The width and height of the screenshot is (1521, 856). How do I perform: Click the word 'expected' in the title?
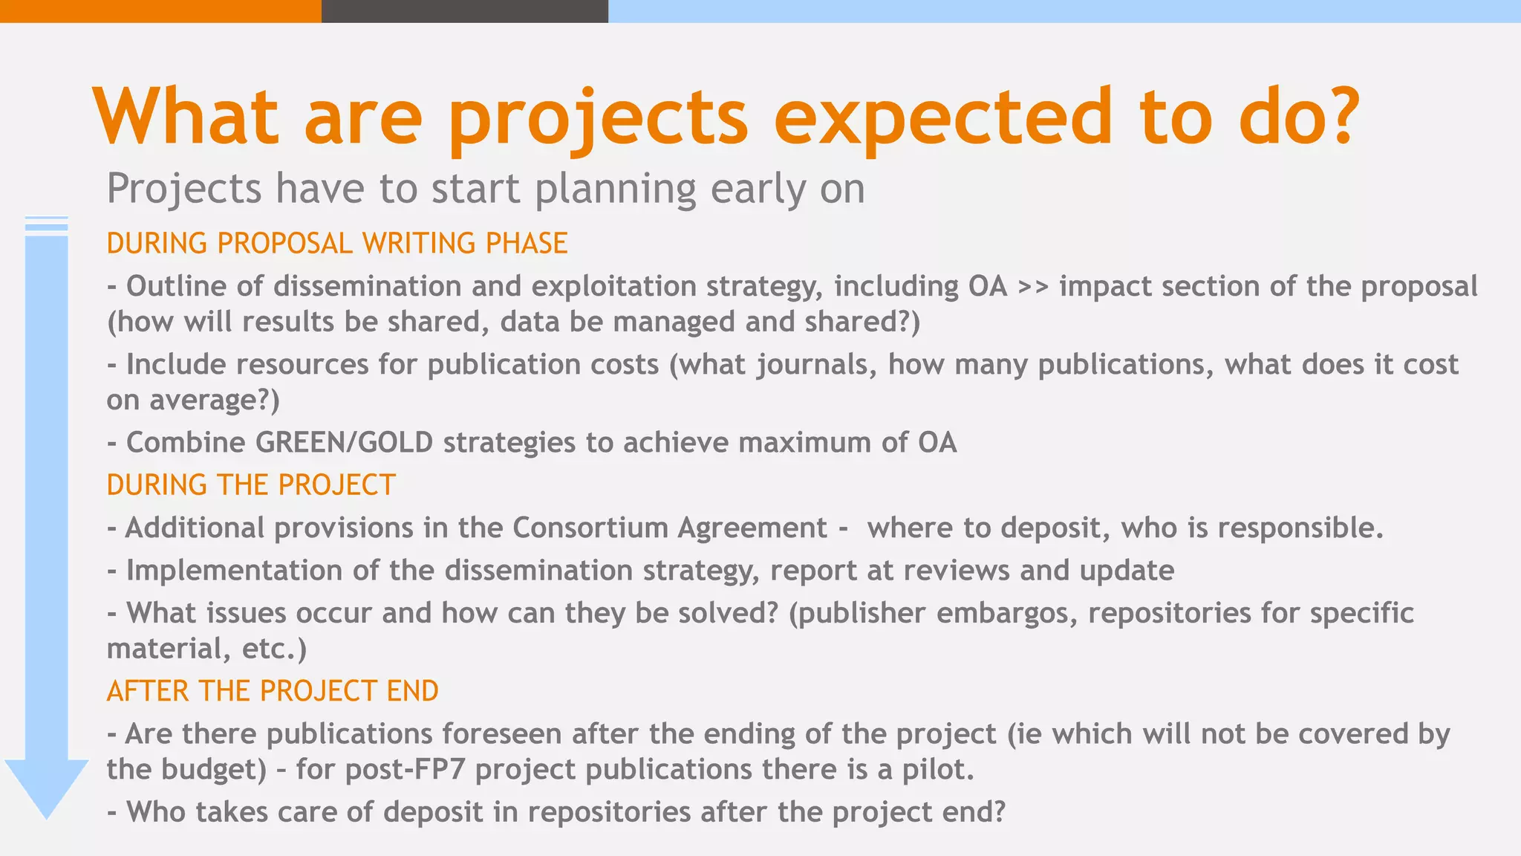[x=943, y=117]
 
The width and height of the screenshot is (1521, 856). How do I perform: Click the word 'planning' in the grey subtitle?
[x=616, y=189]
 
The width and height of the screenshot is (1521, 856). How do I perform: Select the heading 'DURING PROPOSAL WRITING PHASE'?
[x=337, y=244]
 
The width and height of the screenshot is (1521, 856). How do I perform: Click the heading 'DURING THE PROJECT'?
[x=251, y=485]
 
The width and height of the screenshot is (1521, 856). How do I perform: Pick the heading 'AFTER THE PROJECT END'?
[x=273, y=691]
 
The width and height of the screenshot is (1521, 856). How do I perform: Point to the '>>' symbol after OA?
[x=1033, y=287]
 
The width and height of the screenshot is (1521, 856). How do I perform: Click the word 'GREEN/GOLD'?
[x=344, y=443]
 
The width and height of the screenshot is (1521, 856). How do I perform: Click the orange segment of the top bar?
[x=160, y=10]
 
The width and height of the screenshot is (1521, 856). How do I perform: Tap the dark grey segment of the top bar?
[x=464, y=10]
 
